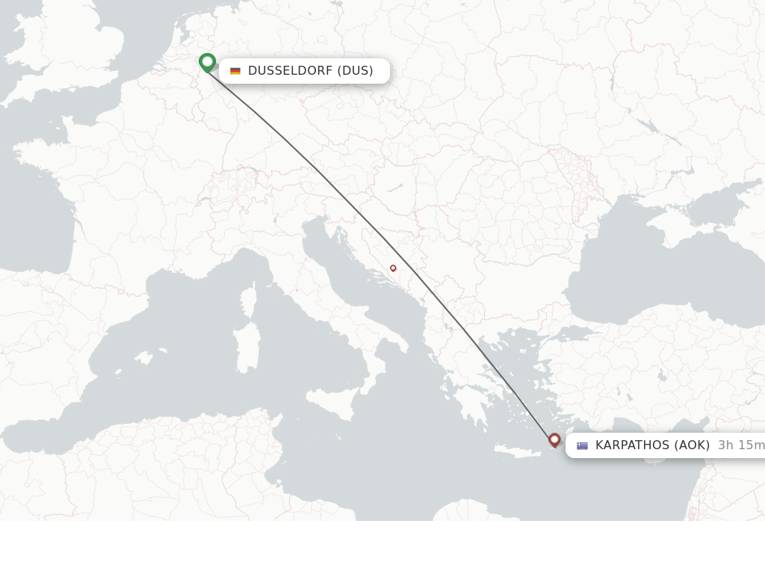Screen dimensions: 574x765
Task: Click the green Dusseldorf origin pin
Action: click(x=207, y=62)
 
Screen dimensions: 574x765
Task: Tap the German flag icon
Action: click(x=235, y=71)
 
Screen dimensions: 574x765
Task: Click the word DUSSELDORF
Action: click(x=290, y=71)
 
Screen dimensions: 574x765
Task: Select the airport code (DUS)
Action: click(x=355, y=71)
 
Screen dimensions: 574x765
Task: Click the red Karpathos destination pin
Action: click(x=554, y=439)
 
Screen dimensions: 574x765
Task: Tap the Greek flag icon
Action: click(x=582, y=445)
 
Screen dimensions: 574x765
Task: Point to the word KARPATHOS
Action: click(x=632, y=445)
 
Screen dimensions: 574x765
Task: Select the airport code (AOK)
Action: click(x=692, y=445)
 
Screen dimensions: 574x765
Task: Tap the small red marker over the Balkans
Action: click(x=393, y=268)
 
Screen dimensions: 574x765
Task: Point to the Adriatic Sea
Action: click(x=344, y=277)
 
